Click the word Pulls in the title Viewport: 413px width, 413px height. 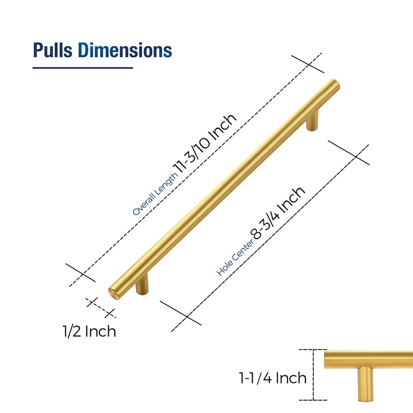[x=54, y=50]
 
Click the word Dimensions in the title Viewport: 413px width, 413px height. [x=125, y=50]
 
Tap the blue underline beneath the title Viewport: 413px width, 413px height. [x=83, y=68]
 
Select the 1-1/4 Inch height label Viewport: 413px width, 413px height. [x=273, y=378]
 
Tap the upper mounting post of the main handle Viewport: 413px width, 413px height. [x=313, y=122]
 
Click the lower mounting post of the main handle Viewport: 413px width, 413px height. [x=142, y=285]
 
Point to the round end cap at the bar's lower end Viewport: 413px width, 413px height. [x=114, y=292]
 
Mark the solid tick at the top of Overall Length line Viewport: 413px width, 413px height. [x=308, y=64]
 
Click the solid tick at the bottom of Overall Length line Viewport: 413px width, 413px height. [x=82, y=273]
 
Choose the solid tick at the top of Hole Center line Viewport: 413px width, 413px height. [x=348, y=152]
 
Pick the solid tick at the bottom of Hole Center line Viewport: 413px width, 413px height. [x=181, y=313]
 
